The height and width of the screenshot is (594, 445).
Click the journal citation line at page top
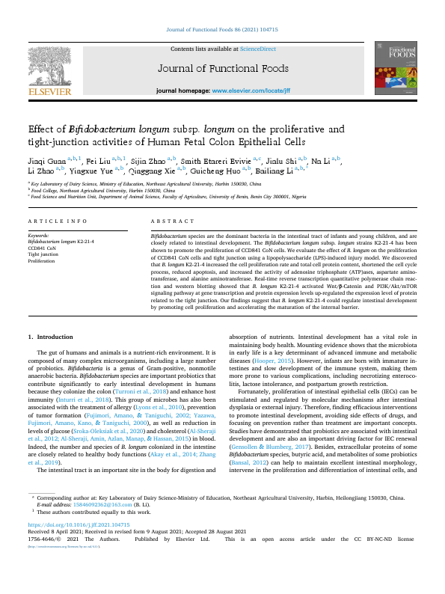point(222,31)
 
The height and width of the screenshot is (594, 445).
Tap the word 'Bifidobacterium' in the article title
point(101,128)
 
